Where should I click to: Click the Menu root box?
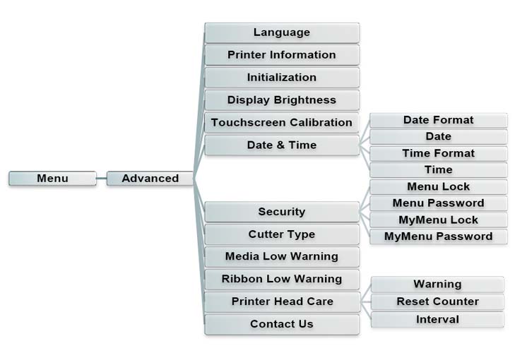(x=52, y=179)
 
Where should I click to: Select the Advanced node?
(x=150, y=179)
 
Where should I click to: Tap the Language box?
(x=282, y=32)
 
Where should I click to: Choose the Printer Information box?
(x=282, y=55)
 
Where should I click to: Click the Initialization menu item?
(x=282, y=78)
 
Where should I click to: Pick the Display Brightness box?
(x=282, y=100)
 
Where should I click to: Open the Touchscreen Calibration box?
(x=282, y=123)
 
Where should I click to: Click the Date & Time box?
(x=282, y=145)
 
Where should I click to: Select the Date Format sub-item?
(x=438, y=120)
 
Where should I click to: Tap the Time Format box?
(x=438, y=153)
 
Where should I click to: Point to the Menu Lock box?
(x=438, y=187)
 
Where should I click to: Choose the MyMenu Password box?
(x=438, y=236)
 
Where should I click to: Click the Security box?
(x=282, y=212)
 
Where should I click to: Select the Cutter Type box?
(x=282, y=234)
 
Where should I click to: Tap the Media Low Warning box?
(x=282, y=256)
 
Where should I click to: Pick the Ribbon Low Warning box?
(x=282, y=279)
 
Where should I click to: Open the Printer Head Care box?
(x=282, y=301)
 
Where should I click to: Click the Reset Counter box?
(x=437, y=301)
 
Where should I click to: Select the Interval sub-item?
(x=437, y=320)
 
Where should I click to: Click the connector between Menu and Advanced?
(x=101, y=179)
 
